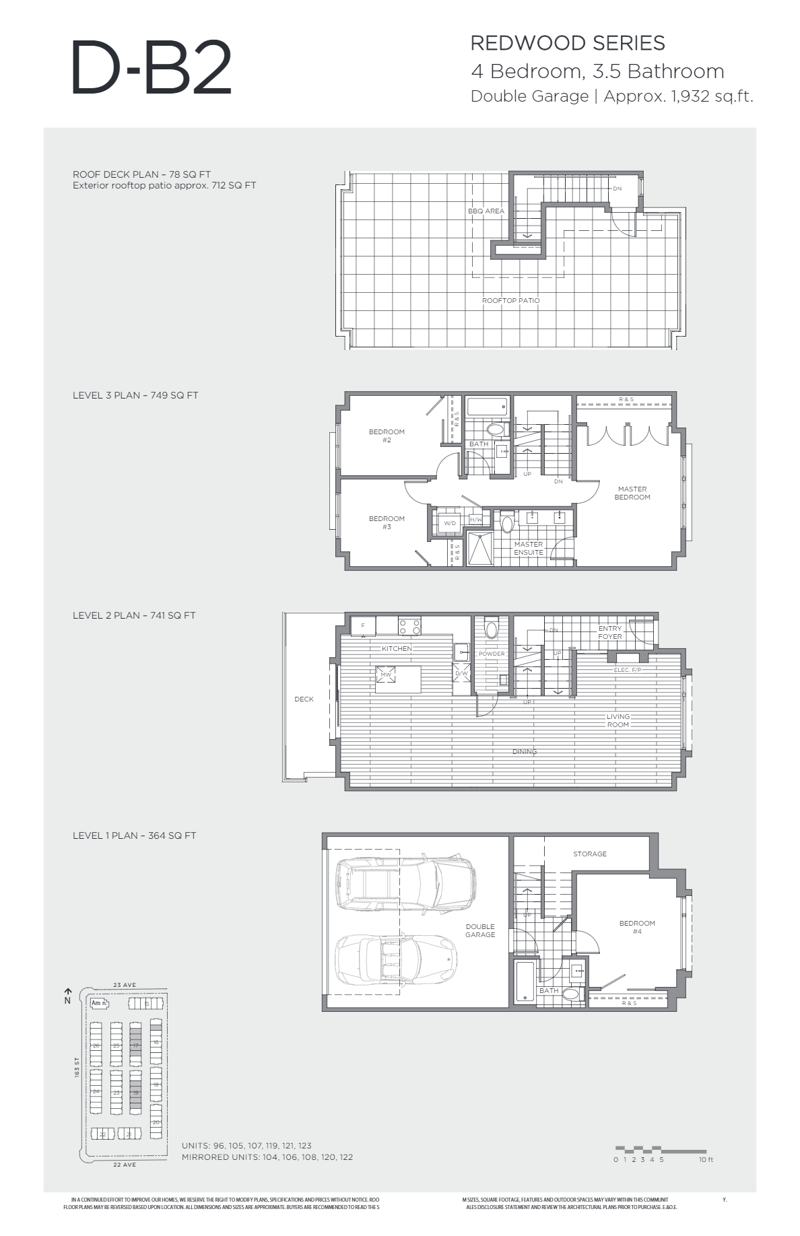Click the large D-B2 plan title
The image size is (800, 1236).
pyautogui.click(x=151, y=67)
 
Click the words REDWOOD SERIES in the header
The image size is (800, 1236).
pyautogui.click(x=567, y=43)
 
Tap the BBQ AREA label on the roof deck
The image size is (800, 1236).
pyautogui.click(x=486, y=211)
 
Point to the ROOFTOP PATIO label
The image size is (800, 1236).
pyautogui.click(x=510, y=300)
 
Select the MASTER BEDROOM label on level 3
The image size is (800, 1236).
pyautogui.click(x=632, y=493)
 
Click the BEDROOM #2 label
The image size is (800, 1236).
pyautogui.click(x=387, y=436)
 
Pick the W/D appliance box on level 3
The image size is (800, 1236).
pyautogui.click(x=449, y=523)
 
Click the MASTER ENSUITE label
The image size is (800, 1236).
pyautogui.click(x=528, y=548)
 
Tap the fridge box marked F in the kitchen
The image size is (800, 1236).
pyautogui.click(x=363, y=625)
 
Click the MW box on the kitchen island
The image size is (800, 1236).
pyautogui.click(x=386, y=675)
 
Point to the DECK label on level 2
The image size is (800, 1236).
pyautogui.click(x=304, y=699)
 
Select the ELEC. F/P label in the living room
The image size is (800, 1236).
pyautogui.click(x=627, y=670)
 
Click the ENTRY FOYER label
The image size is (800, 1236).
pyautogui.click(x=610, y=632)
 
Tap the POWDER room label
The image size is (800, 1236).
pyautogui.click(x=492, y=654)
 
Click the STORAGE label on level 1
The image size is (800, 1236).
pyautogui.click(x=589, y=854)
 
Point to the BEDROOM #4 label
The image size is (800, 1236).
pyautogui.click(x=636, y=927)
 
